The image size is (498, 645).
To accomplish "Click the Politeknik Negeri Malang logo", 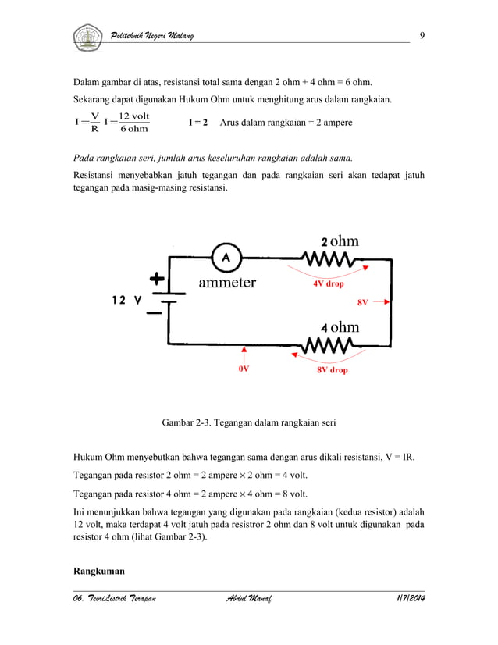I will [x=87, y=36].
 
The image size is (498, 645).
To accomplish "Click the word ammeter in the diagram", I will [x=227, y=283].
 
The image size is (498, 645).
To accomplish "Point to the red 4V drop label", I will [x=329, y=284].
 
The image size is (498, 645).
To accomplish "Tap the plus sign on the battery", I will [x=157, y=279].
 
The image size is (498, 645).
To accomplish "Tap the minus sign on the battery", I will [x=157, y=312].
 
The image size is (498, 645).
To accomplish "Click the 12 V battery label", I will [x=126, y=301].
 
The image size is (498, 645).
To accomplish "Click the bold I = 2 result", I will [x=197, y=123].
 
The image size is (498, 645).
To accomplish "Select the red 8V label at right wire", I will [x=362, y=301].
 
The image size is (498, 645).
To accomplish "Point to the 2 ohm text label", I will [x=340, y=241].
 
